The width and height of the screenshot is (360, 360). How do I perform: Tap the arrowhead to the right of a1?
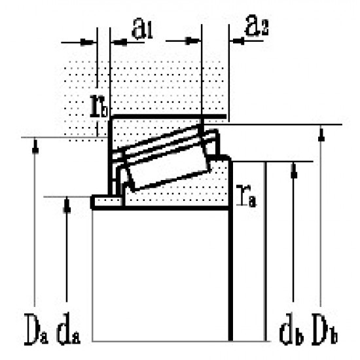coord(195,41)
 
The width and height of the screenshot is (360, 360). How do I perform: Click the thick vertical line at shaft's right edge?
coord(230,275)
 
